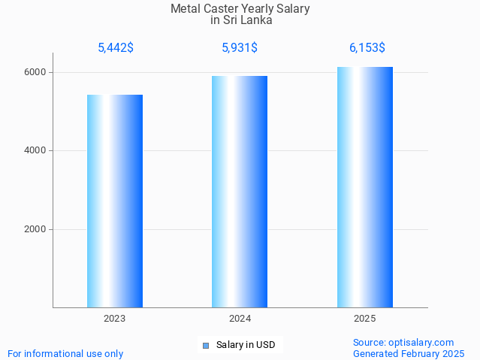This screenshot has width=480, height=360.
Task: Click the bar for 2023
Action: tap(115, 201)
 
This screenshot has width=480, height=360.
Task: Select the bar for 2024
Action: tap(240, 192)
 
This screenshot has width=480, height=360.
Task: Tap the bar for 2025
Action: tap(365, 187)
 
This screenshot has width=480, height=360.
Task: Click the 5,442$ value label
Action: tap(116, 48)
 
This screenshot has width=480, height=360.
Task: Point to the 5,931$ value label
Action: tap(240, 48)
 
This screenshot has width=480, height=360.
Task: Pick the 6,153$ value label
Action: tap(367, 48)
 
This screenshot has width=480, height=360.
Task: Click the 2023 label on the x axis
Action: tap(115, 319)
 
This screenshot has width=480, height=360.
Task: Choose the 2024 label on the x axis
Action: tap(240, 319)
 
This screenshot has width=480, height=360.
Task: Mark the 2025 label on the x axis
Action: tap(365, 319)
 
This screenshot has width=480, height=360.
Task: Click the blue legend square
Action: tap(206, 346)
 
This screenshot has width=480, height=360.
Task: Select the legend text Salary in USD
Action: tap(246, 346)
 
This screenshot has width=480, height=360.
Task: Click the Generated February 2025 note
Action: tap(409, 353)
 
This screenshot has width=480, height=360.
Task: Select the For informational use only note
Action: tap(65, 353)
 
